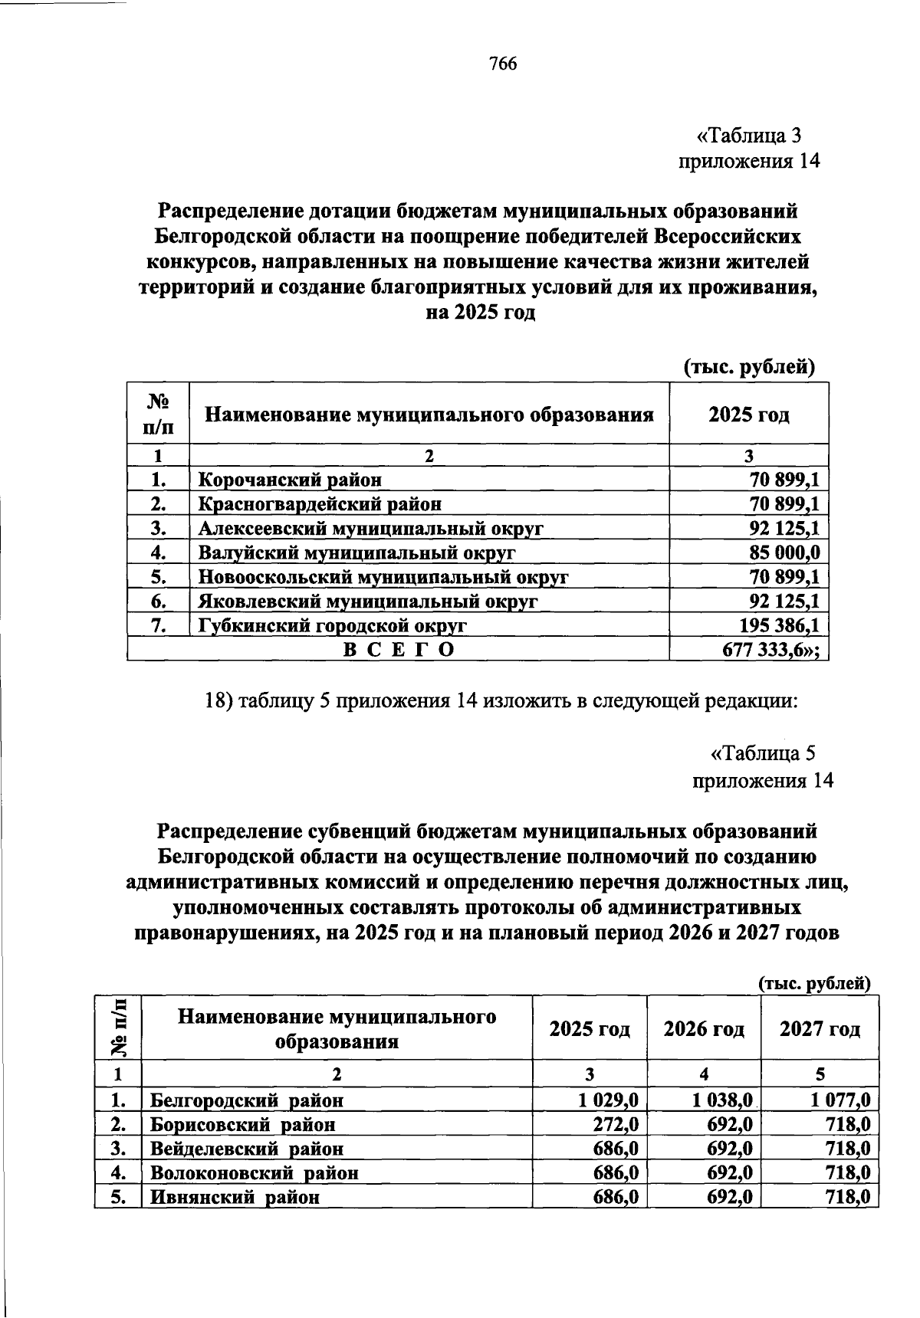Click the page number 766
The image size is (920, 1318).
[x=503, y=64]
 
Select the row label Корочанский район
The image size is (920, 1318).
[x=290, y=480]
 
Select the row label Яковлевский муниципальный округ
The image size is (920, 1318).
[x=368, y=602]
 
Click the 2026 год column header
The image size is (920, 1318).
[x=704, y=1028]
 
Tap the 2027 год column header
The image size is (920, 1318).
[x=819, y=1028]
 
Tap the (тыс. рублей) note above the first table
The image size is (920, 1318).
[x=748, y=367]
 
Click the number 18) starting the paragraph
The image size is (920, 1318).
[x=220, y=701]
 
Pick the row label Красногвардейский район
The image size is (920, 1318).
[x=320, y=504]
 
